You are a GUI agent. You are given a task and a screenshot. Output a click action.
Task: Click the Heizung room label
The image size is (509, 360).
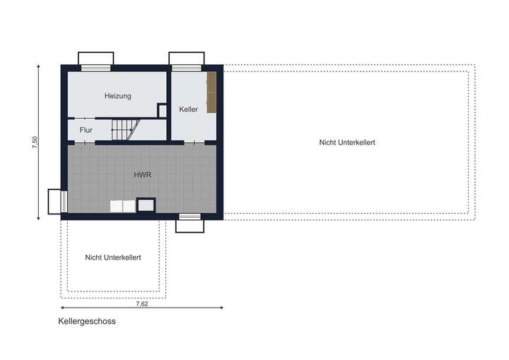(118, 95)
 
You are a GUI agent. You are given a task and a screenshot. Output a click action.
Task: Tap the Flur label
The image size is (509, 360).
(86, 130)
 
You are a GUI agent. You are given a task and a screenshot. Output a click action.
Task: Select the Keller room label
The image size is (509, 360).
(189, 110)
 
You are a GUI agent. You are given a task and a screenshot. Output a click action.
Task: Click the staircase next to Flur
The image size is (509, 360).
(125, 129)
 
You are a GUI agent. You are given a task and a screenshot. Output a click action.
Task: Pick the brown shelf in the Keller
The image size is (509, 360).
(211, 93)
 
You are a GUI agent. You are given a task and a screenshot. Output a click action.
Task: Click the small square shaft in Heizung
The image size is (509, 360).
(162, 111)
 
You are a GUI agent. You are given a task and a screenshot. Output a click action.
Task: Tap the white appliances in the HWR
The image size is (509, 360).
(122, 206)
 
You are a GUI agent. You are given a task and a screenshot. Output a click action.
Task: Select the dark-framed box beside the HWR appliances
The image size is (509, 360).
(146, 206)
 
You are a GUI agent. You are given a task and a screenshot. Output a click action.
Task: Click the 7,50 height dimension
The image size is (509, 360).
(35, 142)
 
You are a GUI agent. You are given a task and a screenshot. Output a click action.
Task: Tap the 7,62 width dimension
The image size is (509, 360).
(142, 303)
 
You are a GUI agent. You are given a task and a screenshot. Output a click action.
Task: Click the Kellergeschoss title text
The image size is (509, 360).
(87, 320)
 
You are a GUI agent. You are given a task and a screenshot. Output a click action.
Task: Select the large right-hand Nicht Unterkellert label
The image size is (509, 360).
(346, 142)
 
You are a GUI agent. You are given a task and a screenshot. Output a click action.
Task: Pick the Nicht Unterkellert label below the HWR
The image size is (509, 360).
(112, 257)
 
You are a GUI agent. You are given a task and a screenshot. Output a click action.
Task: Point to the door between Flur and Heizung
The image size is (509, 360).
(86, 117)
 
